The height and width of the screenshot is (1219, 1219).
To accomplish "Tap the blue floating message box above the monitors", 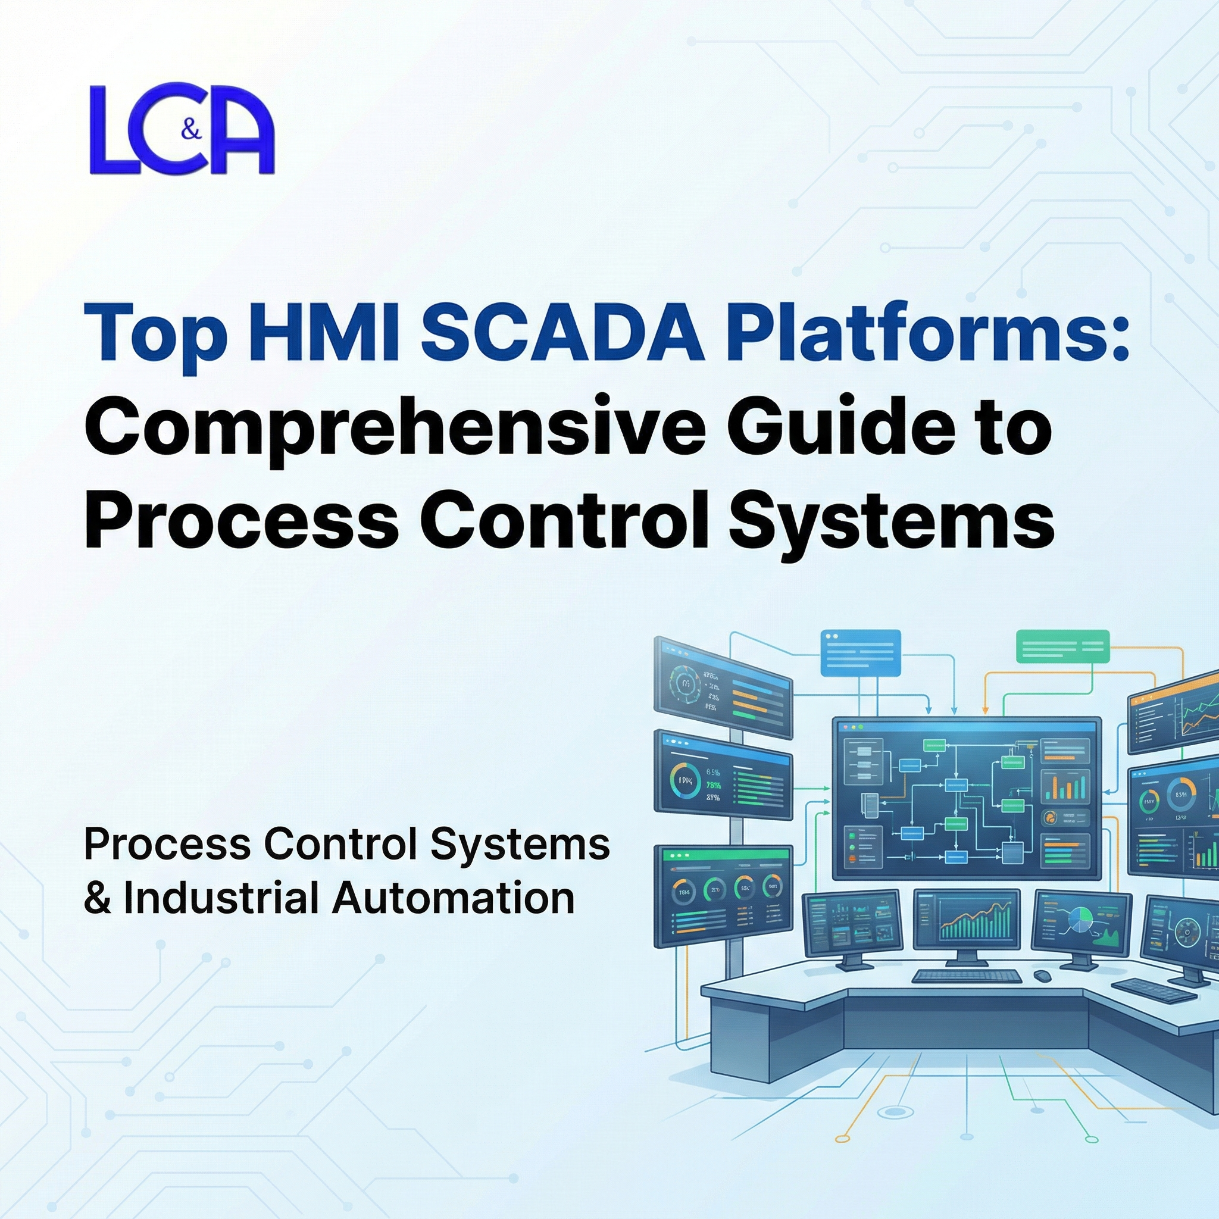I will coord(860,653).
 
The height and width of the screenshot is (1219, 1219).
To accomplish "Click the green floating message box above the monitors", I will coord(1062,646).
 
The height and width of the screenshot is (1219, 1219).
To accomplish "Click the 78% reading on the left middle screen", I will coord(713,786).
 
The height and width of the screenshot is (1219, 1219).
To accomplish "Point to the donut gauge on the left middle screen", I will coord(684,781).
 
